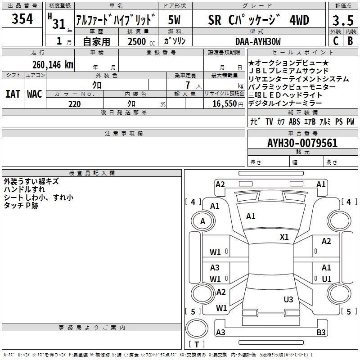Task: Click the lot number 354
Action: coord(22,19)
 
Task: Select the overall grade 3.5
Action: coord(343,20)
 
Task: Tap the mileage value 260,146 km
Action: coord(53,65)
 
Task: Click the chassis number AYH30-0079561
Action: coord(302,143)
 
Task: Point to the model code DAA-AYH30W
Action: coord(258,41)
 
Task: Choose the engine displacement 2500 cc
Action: coord(141,41)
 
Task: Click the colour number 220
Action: coord(74,104)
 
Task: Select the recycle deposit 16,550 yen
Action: coord(228,104)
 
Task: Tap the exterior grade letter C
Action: coord(336,41)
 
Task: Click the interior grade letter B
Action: coord(350,41)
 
